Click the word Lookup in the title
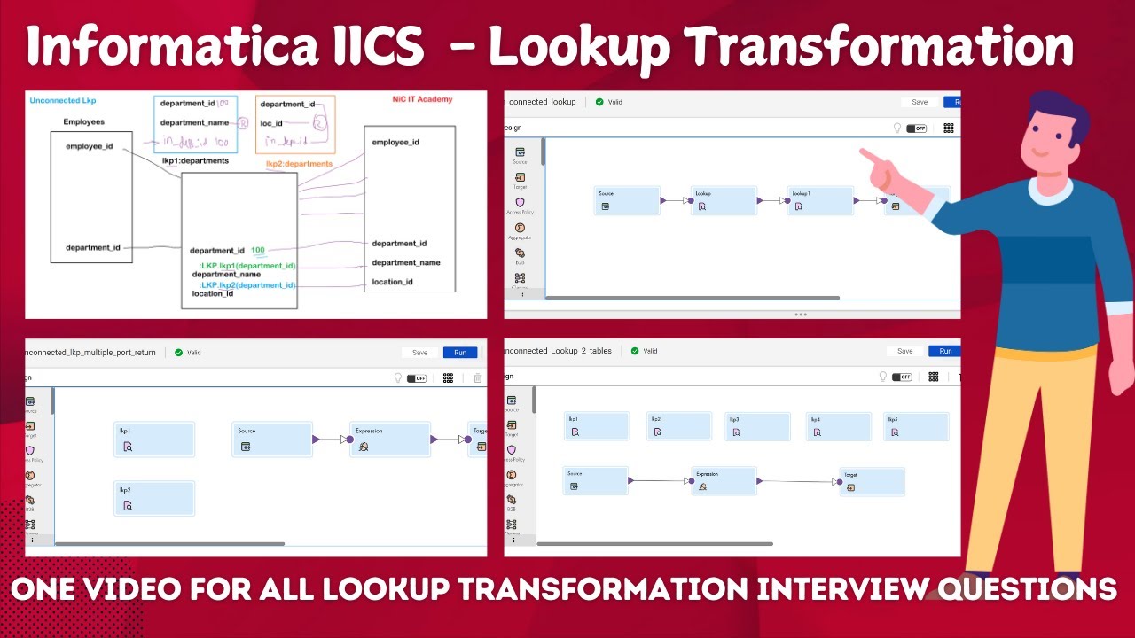point(578,46)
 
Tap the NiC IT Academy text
point(422,100)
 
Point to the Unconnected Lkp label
point(62,101)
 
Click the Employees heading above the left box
point(83,121)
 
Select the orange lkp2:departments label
point(299,164)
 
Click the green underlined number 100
point(257,251)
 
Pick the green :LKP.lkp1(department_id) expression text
point(247,266)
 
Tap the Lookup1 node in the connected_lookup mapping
point(820,200)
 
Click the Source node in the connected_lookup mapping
point(628,200)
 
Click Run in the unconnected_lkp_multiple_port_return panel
point(459,353)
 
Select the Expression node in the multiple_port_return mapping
point(389,440)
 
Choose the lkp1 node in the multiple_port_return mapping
point(154,440)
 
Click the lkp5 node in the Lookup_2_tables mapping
point(916,426)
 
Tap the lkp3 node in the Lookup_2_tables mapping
point(757,426)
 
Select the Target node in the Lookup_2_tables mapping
point(872,482)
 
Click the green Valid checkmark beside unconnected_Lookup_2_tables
point(634,351)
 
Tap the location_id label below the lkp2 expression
point(213,294)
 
